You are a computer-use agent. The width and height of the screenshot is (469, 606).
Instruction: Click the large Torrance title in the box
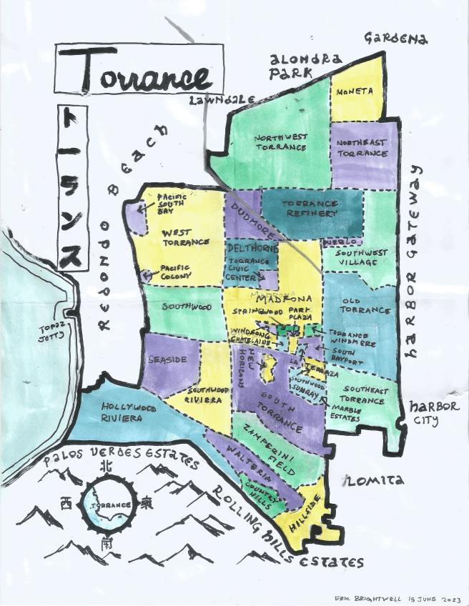tap(139, 72)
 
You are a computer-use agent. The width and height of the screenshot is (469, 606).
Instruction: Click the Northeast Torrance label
tap(362, 148)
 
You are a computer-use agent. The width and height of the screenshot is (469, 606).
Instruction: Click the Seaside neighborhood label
tap(167, 359)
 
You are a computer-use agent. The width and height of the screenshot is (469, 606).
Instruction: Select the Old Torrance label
tap(366, 306)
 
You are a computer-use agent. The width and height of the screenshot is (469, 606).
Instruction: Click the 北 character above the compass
tap(106, 466)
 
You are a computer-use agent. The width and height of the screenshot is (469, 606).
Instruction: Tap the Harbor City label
tap(430, 412)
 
